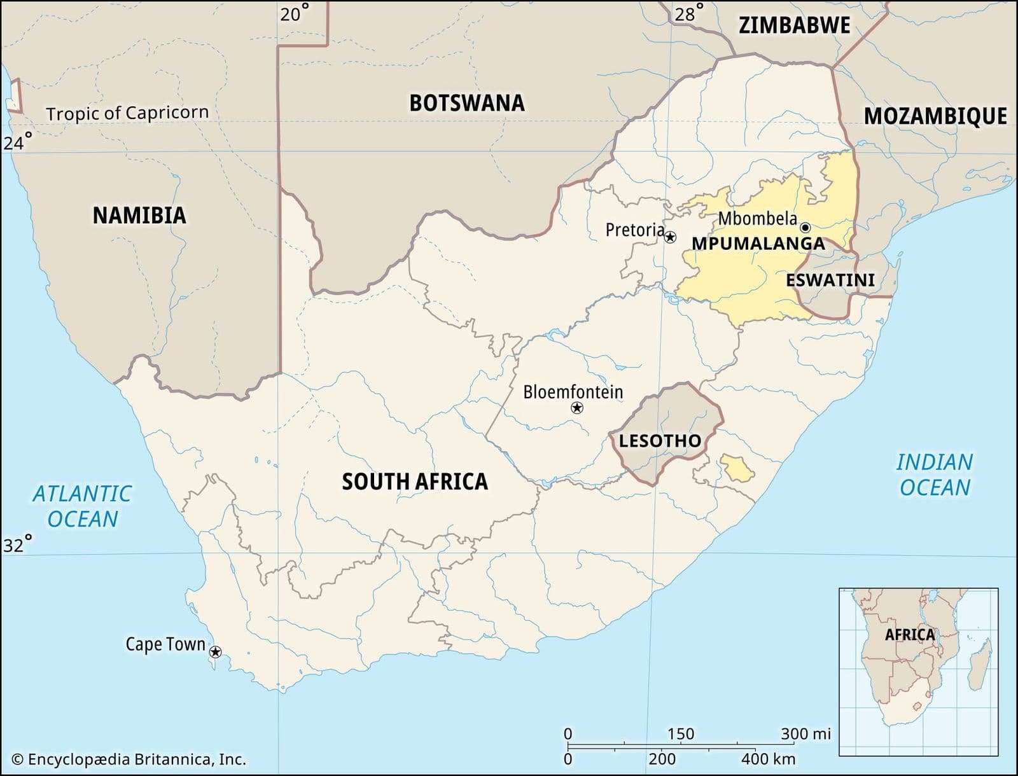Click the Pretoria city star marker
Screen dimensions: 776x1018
point(670,237)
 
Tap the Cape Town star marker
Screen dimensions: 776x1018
point(216,652)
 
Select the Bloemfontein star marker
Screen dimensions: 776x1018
point(577,408)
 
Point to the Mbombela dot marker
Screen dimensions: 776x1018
point(805,227)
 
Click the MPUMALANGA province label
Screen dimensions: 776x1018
point(758,244)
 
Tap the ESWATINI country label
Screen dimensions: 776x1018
point(830,280)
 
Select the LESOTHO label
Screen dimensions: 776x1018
point(660,440)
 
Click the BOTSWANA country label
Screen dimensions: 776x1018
point(466,103)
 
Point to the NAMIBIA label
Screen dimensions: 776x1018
point(139,216)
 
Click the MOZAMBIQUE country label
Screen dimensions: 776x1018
point(935,116)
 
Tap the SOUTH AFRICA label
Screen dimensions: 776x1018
point(415,482)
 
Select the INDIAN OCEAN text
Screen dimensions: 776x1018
point(934,475)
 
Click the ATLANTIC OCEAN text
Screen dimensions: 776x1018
point(82,506)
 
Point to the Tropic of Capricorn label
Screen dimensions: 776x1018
point(127,113)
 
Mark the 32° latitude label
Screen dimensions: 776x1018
point(17,545)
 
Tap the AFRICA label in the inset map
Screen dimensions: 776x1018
point(910,634)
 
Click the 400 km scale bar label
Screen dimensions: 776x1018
point(768,759)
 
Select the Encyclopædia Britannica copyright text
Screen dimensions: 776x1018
point(129,759)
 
